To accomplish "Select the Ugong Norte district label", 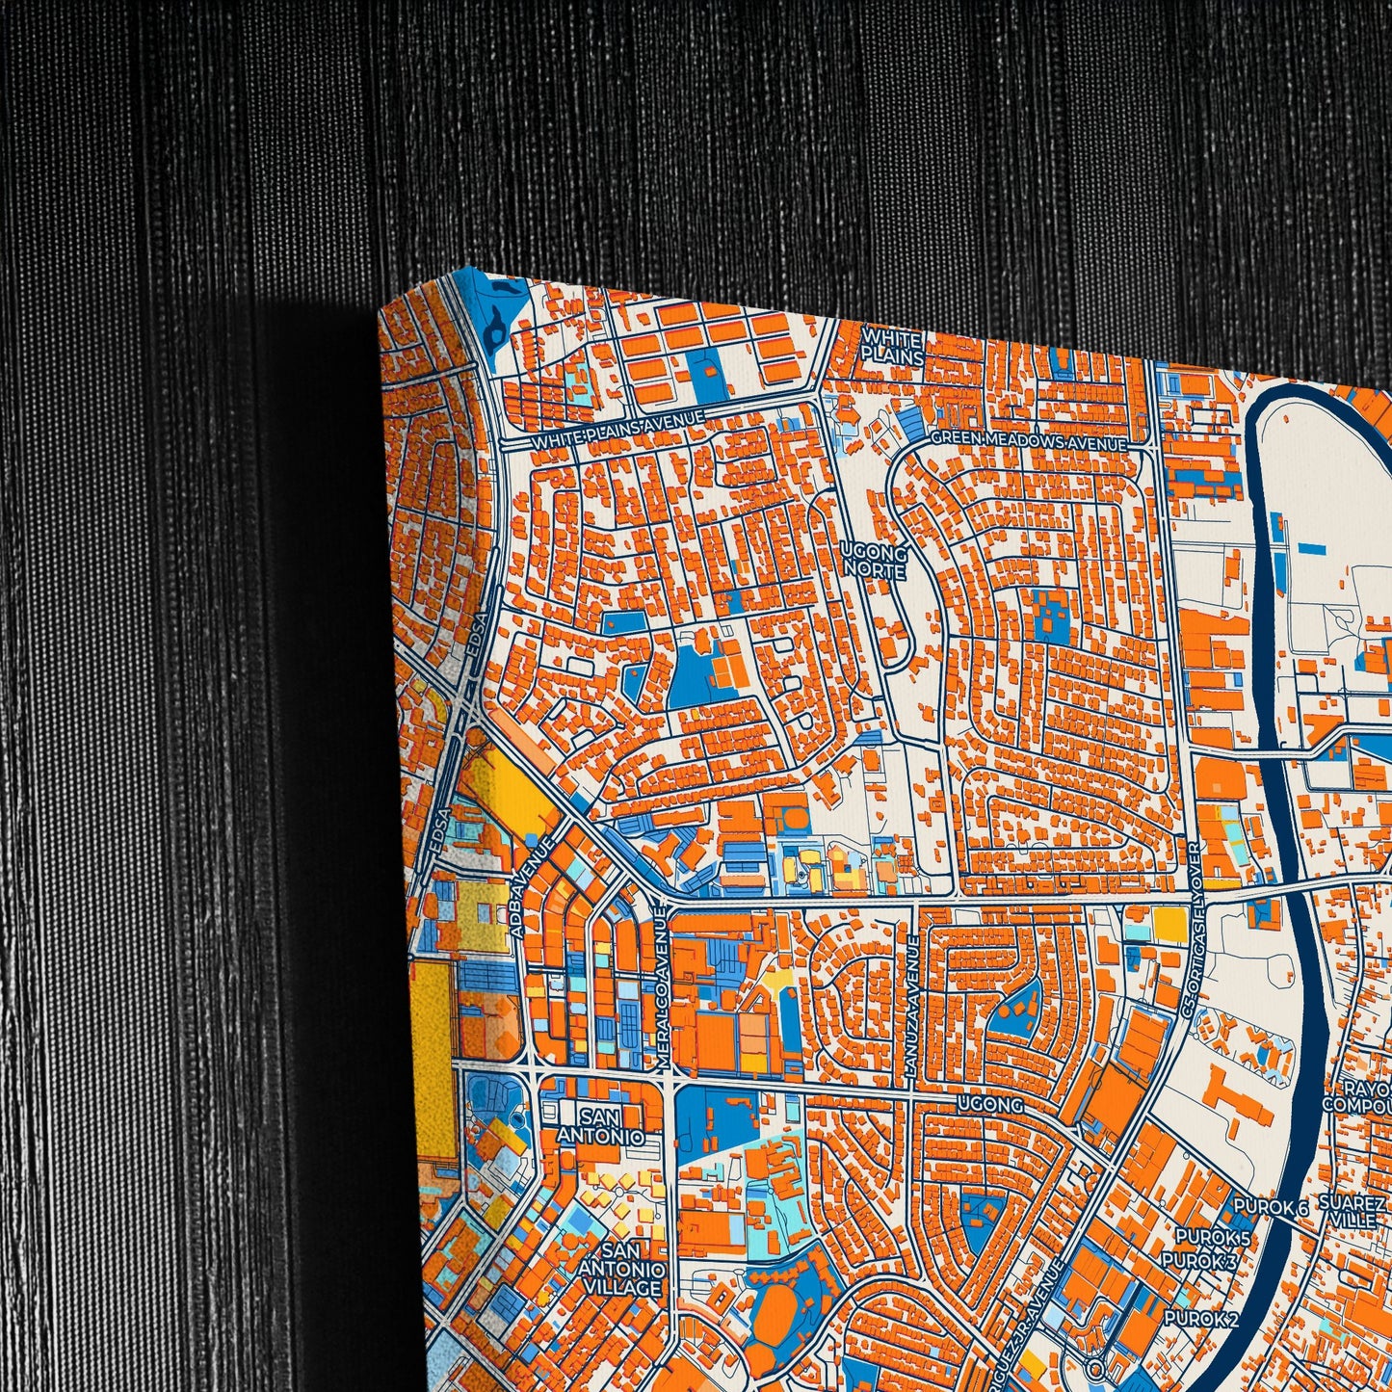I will pyautogui.click(x=874, y=562).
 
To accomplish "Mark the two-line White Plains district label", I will pyautogui.click(x=891, y=347).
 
